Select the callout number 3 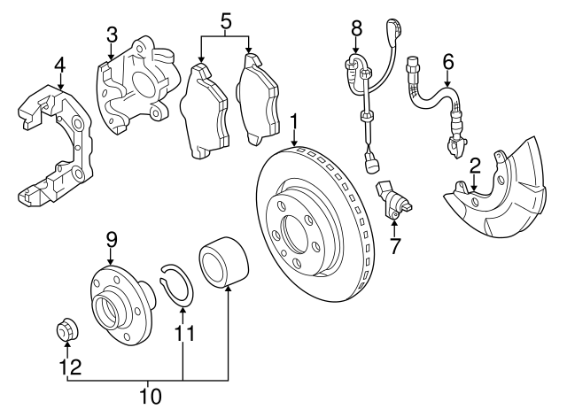click(x=112, y=35)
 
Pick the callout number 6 click(x=447, y=61)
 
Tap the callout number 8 click(x=356, y=29)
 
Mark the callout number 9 click(x=112, y=239)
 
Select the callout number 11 click(x=183, y=334)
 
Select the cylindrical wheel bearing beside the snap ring click(x=223, y=263)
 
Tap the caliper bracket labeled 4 click(x=55, y=142)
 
